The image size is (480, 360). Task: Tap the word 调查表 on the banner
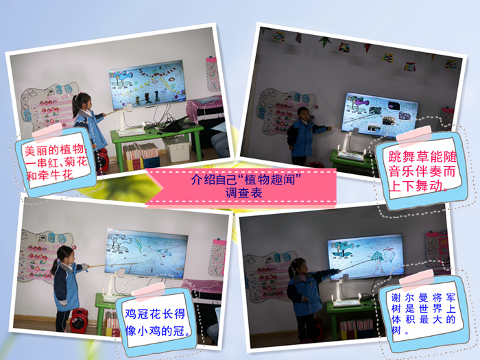tap(243, 193)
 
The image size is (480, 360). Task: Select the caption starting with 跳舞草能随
tap(422, 171)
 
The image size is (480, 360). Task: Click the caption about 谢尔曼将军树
tap(424, 313)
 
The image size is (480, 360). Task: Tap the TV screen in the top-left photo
tap(147, 84)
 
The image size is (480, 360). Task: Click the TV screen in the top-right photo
tap(380, 115)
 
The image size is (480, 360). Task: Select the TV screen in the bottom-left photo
tap(146, 253)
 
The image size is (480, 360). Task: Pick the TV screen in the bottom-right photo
tap(365, 256)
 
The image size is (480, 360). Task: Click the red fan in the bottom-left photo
tap(80, 320)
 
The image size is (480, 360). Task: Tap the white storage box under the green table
tap(177, 149)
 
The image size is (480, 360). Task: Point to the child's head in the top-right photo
tap(303, 113)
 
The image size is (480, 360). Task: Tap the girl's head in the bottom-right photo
tap(298, 266)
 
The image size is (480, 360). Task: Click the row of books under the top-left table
tap(140, 151)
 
